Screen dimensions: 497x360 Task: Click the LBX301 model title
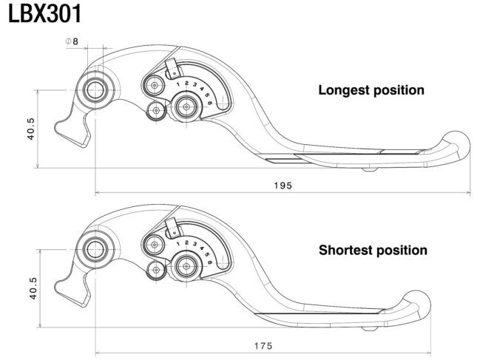pos(44,14)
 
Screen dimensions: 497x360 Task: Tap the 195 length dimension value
pos(283,186)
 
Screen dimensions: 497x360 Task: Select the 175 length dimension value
pos(263,345)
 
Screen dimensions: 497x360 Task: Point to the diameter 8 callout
pos(72,41)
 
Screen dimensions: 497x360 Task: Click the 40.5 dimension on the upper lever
pos(31,129)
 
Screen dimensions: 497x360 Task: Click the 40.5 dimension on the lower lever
pos(33,288)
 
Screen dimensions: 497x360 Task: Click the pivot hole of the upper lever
pos(95,90)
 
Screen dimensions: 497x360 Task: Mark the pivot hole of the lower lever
pos(95,250)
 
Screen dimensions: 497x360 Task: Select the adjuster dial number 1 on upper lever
pos(178,84)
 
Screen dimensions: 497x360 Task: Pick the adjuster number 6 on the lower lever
pos(210,262)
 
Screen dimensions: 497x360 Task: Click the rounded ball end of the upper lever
pos(456,144)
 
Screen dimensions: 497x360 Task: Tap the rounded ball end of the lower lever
pos(417,304)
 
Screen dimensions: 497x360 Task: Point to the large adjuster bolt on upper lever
pos(186,106)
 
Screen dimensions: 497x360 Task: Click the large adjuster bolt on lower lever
pos(186,266)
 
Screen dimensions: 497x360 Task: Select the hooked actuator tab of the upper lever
pos(72,131)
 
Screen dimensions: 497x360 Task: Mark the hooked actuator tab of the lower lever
pos(72,290)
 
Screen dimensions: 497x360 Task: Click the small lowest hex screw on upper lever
pos(156,111)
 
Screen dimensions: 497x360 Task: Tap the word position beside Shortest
pos(402,251)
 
